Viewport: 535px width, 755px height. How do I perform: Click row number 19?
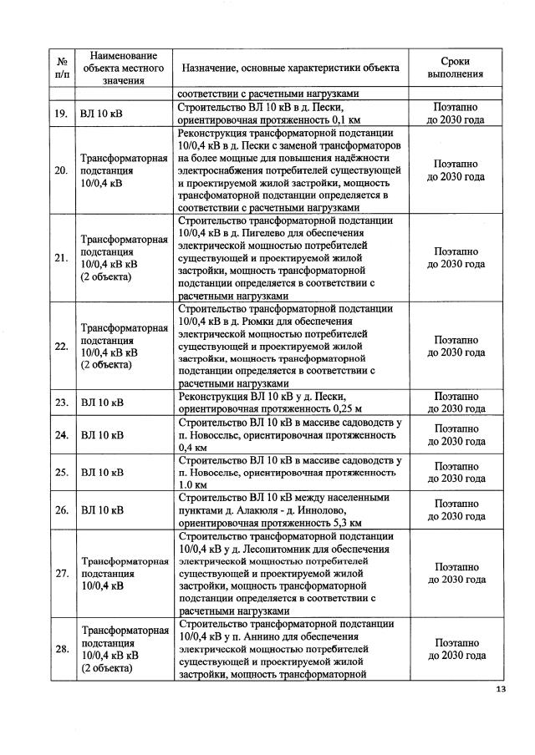click(x=61, y=113)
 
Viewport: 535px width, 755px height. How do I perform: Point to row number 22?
click(x=61, y=346)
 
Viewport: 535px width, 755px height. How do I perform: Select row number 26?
click(x=61, y=509)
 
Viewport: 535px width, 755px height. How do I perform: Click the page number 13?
click(x=501, y=689)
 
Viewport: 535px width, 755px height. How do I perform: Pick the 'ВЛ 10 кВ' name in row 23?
click(x=102, y=403)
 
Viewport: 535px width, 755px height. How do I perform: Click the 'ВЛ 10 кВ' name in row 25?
click(x=102, y=473)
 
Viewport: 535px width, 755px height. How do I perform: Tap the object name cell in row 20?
click(x=125, y=170)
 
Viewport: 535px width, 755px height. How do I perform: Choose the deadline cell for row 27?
click(x=456, y=573)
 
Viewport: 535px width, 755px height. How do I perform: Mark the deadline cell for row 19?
click(x=456, y=113)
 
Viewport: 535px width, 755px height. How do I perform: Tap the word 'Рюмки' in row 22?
click(x=263, y=322)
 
